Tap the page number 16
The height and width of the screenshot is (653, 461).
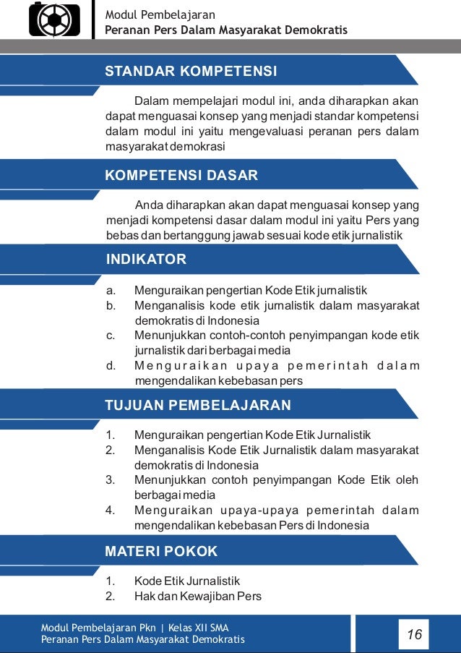pos(414,635)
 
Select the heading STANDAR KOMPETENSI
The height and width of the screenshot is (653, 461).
pos(191,72)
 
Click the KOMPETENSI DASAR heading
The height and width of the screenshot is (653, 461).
pos(181,176)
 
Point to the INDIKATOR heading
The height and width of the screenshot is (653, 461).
pos(146,260)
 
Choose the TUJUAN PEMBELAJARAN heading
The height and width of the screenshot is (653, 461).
pos(198,405)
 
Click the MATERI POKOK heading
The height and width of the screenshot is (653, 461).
pos(161,552)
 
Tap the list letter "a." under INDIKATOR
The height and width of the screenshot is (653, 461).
pos(111,291)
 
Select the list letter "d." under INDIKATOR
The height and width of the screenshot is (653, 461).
pos(111,365)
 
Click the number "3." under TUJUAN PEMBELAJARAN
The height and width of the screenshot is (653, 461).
pos(111,480)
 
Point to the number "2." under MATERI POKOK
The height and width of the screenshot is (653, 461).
pos(111,597)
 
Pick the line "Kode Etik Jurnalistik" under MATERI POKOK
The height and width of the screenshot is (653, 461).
pos(186,581)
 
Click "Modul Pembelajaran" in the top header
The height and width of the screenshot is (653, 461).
pos(160,14)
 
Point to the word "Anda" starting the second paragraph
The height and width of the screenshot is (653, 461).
pos(149,204)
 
